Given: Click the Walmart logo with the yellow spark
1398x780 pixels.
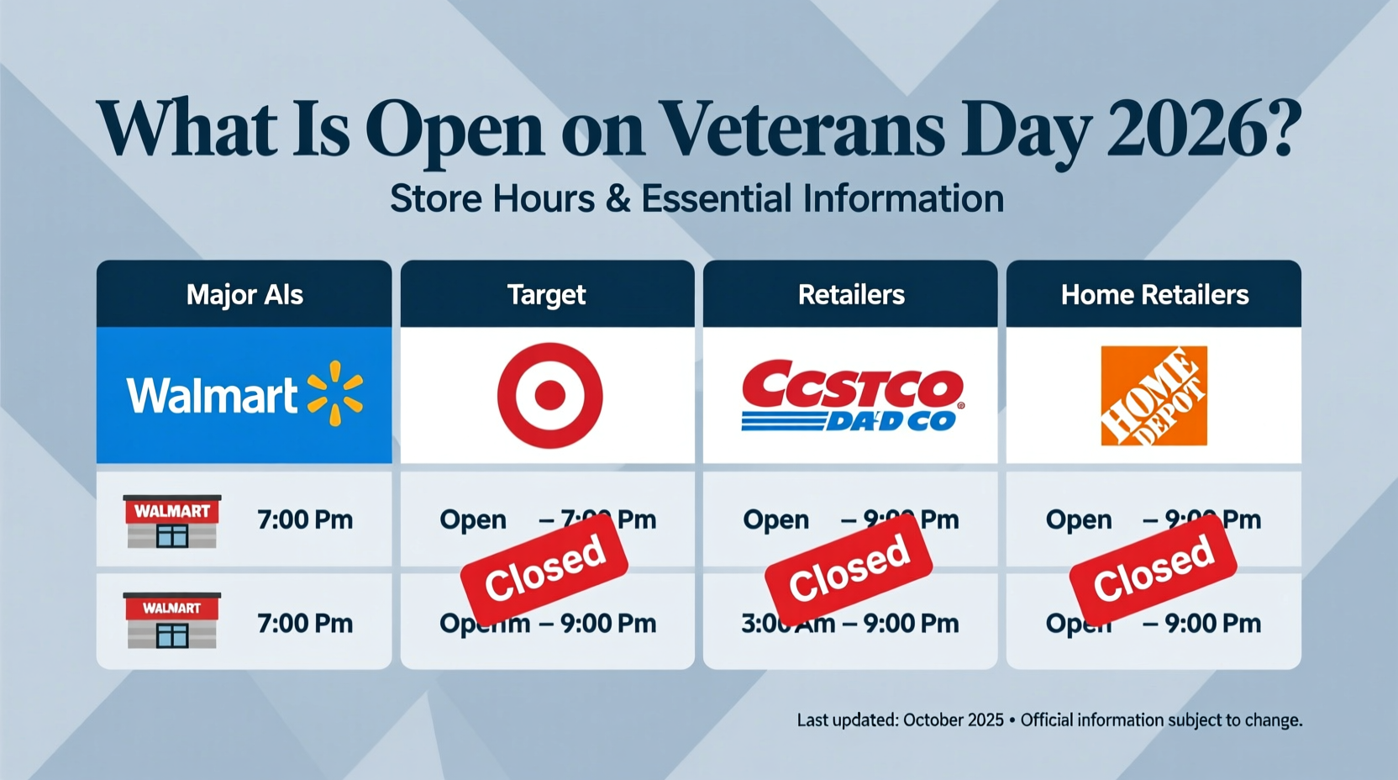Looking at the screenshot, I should point(244,394).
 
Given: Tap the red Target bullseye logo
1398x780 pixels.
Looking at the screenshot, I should point(549,394).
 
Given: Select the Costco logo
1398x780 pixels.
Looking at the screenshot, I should point(851,395).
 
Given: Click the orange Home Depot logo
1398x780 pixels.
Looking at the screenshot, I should point(1154,395).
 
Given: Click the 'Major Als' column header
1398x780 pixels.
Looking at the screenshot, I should point(244,295).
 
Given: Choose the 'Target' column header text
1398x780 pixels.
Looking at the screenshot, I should point(547,295).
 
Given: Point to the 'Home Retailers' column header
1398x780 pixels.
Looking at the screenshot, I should point(1154,295).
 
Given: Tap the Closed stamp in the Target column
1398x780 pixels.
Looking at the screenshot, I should point(544,567).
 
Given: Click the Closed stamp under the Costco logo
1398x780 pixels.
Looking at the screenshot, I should point(849,567).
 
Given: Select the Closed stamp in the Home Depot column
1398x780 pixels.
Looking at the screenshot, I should point(1153,567).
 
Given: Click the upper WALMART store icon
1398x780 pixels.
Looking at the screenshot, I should point(172,521).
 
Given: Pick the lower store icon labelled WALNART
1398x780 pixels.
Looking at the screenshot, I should point(172,620).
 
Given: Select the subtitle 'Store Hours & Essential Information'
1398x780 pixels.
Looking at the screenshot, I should point(696,199).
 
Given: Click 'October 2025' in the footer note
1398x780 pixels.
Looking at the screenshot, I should point(953,720).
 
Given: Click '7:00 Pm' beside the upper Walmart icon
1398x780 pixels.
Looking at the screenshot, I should point(305,520).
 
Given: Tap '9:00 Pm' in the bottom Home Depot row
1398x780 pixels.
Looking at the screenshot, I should point(1212,624).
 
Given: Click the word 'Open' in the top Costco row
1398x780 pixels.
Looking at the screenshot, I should point(775,520).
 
